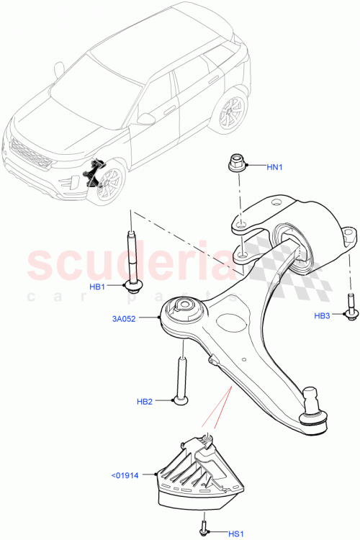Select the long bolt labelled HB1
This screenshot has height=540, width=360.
[132, 259]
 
